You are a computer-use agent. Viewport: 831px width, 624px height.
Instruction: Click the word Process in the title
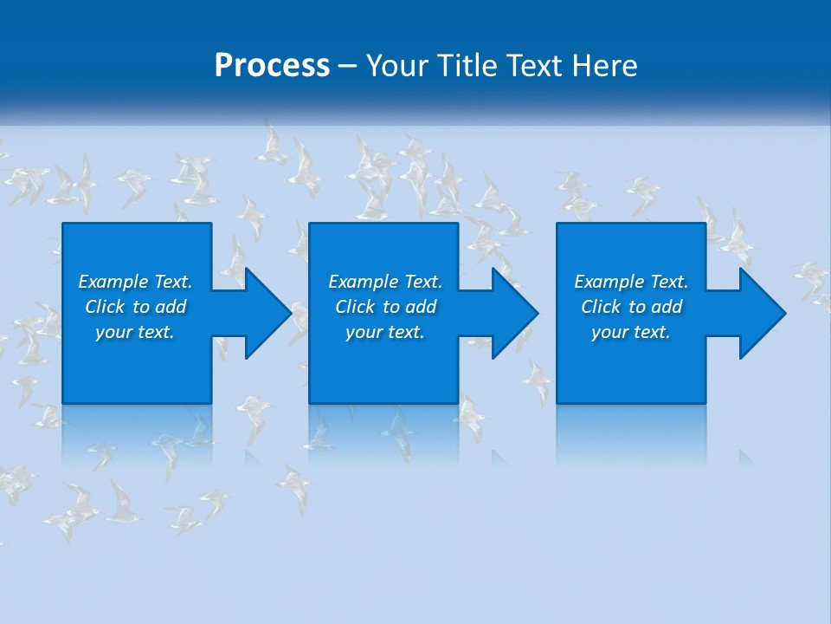272,66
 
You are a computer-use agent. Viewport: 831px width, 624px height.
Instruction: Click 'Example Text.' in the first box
135,282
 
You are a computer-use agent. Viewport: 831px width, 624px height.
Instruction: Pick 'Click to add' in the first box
135,307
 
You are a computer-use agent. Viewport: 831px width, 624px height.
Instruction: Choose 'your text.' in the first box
135,332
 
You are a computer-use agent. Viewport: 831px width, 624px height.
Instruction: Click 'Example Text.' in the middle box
385,282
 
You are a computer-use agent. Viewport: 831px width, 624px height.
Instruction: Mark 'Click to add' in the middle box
385,307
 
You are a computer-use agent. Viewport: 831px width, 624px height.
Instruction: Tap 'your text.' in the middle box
385,332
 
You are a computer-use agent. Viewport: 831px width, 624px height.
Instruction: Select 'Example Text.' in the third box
631,282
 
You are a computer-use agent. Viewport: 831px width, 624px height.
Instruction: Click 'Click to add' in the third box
631,307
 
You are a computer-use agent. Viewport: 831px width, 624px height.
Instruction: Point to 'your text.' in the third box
631,332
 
